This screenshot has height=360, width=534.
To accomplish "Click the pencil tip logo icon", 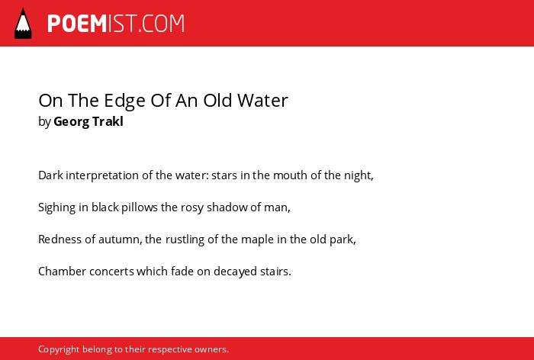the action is pyautogui.click(x=23, y=24).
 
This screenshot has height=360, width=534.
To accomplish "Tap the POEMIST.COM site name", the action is pyautogui.click(x=116, y=24).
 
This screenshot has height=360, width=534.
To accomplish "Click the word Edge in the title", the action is pyautogui.click(x=124, y=101).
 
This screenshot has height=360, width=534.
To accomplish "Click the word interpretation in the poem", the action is pyautogui.click(x=102, y=175).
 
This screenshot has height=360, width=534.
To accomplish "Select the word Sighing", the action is pyautogui.click(x=57, y=207).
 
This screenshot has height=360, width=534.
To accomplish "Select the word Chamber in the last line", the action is pyautogui.click(x=63, y=272).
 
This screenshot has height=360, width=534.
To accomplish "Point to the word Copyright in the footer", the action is pyautogui.click(x=59, y=349).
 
